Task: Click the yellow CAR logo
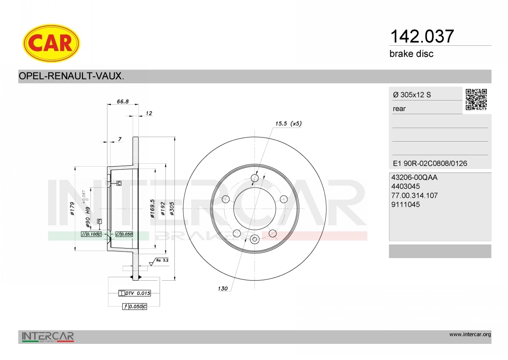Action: [51, 43]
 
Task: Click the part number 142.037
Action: [422, 36]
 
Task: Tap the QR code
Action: [476, 100]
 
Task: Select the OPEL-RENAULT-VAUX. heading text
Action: [71, 76]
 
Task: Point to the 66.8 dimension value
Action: [123, 101]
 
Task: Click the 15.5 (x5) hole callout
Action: [288, 123]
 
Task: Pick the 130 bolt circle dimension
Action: [223, 288]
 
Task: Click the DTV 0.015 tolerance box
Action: [135, 293]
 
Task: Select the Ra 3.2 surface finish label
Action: [162, 260]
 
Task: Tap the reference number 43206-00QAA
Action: [414, 177]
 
